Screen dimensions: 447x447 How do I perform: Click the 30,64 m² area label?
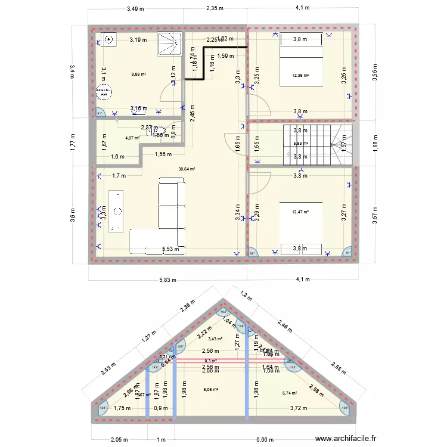coord(187,169)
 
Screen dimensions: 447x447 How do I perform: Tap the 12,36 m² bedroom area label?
coord(301,75)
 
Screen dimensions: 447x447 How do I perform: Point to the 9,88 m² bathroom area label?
coord(139,74)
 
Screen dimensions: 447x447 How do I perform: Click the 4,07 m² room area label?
coord(132,138)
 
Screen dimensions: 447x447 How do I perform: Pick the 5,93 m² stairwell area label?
coord(300,144)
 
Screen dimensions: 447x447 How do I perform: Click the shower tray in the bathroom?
coord(168,43)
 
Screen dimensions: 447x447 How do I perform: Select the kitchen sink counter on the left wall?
coord(117,210)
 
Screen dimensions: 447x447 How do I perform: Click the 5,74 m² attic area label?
coord(290,393)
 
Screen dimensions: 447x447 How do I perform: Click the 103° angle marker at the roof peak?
coord(223,312)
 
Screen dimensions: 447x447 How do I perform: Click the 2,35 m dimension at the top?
coord(215,8)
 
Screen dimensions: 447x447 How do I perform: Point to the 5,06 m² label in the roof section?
coord(211,390)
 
